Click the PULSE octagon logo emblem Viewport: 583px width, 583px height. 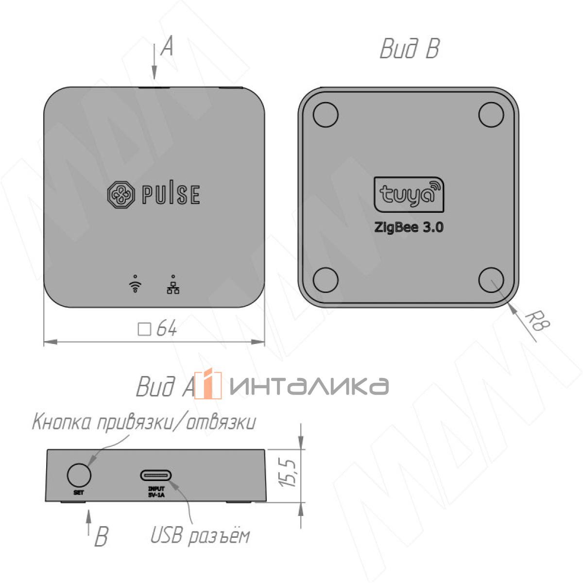[x=120, y=194]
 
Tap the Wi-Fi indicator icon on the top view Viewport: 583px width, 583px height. [x=135, y=284]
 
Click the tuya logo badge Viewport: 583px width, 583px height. [x=409, y=194]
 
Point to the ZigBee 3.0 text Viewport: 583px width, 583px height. [x=409, y=227]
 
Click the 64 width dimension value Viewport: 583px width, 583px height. [x=167, y=328]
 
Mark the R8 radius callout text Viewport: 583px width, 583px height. [x=537, y=323]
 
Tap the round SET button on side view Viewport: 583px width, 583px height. [x=79, y=474]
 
